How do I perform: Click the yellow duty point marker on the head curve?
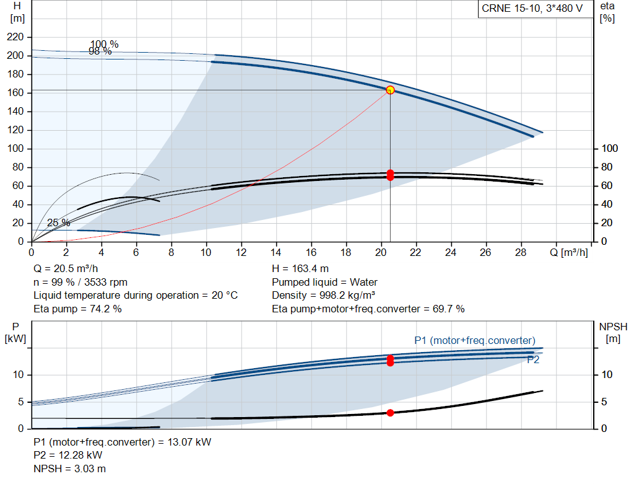[x=390, y=90]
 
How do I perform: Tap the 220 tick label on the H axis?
[x=15, y=37]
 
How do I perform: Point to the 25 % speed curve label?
[x=59, y=222]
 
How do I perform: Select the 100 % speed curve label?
[x=104, y=44]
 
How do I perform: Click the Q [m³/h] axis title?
[x=569, y=252]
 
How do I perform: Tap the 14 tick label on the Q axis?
[x=276, y=252]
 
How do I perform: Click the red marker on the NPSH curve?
[x=390, y=413]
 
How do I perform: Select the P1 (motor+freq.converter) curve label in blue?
[x=475, y=340]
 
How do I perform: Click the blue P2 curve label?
[x=533, y=360]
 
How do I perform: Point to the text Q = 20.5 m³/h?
[x=66, y=269]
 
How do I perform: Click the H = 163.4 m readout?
[x=300, y=269]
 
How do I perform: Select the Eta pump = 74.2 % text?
[x=77, y=309]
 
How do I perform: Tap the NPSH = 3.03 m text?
[x=69, y=469]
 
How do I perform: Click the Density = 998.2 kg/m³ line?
[x=323, y=296]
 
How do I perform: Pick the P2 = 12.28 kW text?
[x=68, y=455]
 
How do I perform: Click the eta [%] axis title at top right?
[x=607, y=12]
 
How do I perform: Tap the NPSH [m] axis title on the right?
[x=614, y=333]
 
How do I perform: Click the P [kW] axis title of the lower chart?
[x=15, y=333]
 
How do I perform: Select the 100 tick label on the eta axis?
[x=610, y=148]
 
